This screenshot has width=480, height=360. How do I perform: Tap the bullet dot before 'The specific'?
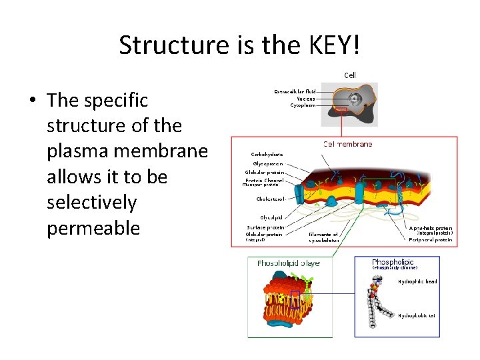32,101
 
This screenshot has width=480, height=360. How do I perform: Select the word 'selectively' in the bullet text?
91,203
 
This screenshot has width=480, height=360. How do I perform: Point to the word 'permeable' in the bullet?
93,228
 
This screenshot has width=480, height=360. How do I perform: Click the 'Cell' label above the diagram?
350,75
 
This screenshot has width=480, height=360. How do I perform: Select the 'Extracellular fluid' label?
295,91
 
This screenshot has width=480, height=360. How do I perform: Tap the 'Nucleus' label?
302,98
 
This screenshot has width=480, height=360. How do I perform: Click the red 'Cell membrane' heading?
347,144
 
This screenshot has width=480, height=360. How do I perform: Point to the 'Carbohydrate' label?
267,154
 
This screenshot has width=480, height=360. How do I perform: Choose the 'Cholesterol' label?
271,199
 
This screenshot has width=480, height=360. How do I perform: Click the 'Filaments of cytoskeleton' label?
323,237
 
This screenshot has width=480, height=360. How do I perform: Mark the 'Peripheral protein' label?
430,240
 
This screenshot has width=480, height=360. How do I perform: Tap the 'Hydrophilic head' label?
417,281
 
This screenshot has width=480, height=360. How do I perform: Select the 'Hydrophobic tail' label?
417,315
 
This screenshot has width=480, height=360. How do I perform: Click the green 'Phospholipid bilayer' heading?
289,263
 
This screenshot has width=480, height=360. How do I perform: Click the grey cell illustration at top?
350,103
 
